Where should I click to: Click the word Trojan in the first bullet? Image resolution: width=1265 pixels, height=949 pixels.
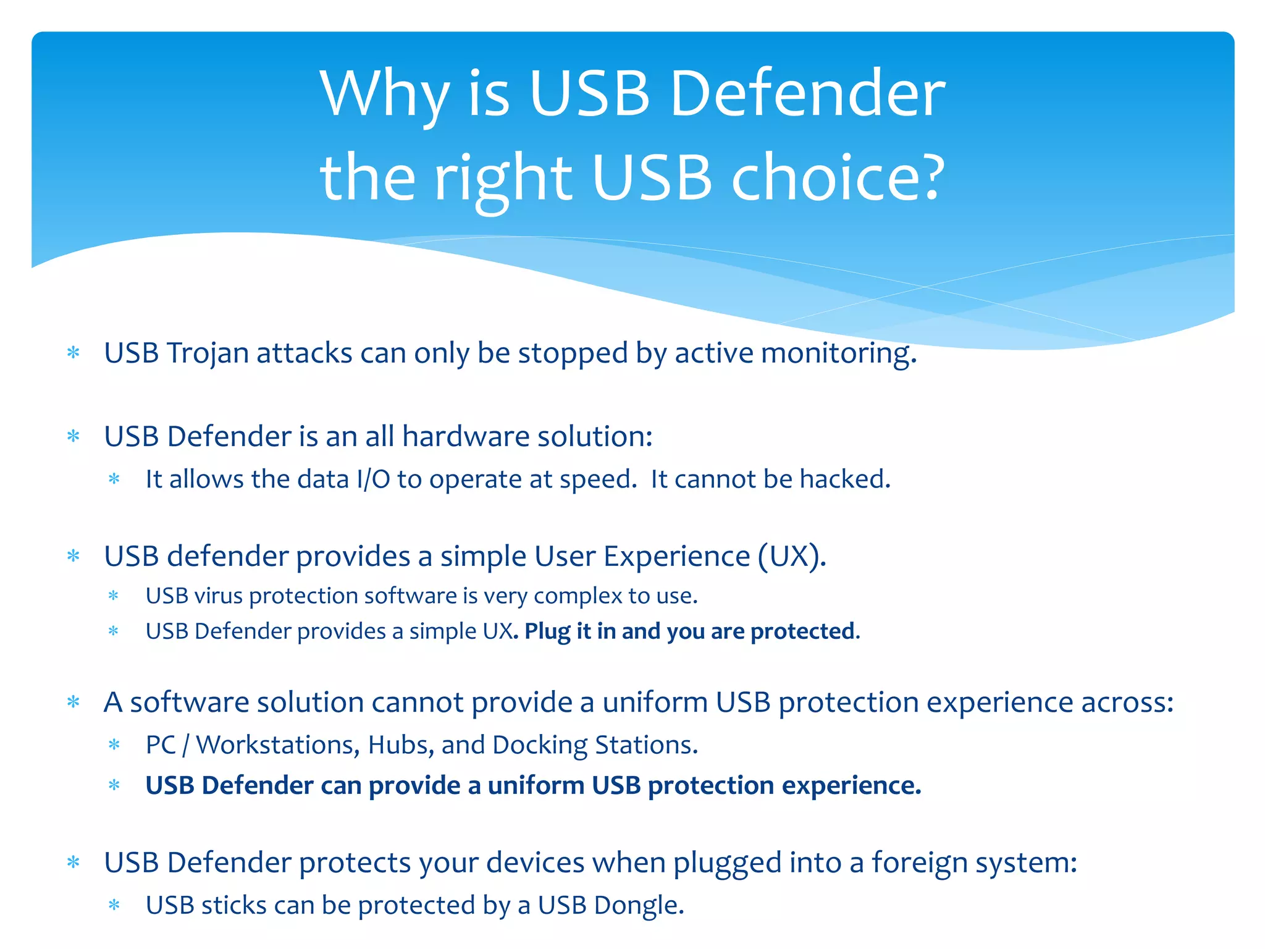click(207, 353)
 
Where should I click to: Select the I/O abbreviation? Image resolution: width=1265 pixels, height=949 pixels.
click(373, 479)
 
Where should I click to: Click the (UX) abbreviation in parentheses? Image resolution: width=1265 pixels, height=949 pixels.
click(792, 556)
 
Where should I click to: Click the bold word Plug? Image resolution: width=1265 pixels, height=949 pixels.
click(547, 631)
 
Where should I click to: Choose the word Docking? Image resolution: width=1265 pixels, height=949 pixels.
click(539, 745)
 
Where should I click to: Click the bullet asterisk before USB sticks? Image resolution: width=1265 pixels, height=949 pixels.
click(114, 906)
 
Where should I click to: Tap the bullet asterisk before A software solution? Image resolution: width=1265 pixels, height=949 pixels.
click(74, 702)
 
